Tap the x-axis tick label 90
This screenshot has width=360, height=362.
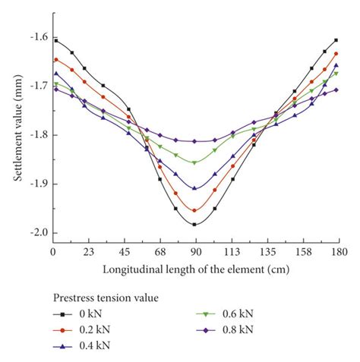click(194, 250)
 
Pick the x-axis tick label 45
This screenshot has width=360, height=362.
click(123, 250)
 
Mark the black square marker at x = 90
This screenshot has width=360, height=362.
click(194, 224)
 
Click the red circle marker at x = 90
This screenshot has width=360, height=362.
click(194, 210)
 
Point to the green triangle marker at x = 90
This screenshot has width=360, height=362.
click(194, 162)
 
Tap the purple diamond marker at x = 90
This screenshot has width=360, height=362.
click(194, 141)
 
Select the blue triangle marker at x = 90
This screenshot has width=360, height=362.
click(194, 187)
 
